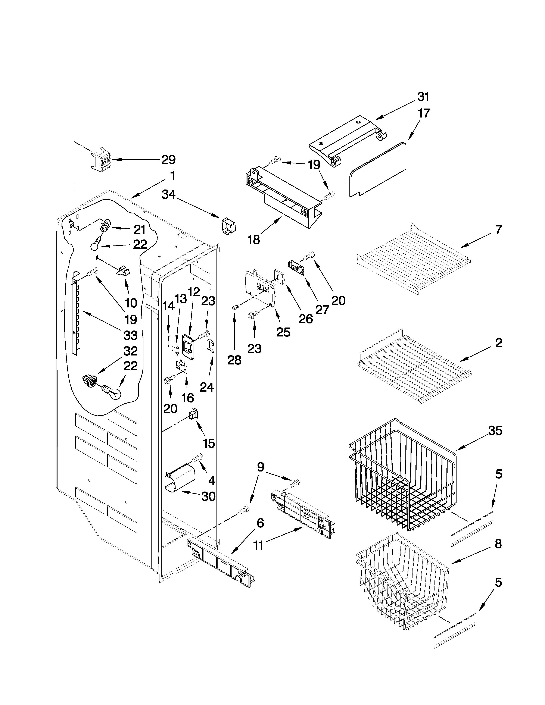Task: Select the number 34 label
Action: tap(168, 194)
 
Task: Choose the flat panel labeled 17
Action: tap(378, 169)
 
